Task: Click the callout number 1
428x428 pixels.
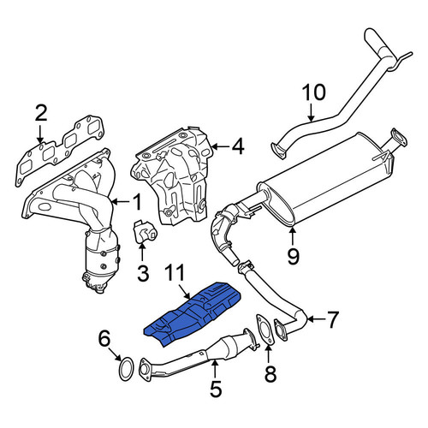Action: click(x=137, y=202)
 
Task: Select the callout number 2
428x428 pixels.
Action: click(x=41, y=113)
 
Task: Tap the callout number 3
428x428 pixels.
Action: click(x=143, y=273)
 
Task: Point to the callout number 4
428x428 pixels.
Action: click(x=238, y=146)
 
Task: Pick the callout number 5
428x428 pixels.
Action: click(x=216, y=388)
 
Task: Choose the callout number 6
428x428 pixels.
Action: click(x=104, y=339)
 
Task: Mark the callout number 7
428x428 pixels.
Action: click(x=332, y=319)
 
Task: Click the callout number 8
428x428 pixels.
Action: click(x=270, y=374)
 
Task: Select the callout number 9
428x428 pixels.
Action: click(x=293, y=256)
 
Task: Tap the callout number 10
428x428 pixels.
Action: click(x=313, y=92)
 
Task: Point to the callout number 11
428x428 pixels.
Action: click(x=175, y=273)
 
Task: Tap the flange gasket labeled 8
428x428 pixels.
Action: click(x=265, y=330)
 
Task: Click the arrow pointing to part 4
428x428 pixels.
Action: click(x=221, y=147)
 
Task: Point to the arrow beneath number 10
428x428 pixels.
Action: click(x=311, y=112)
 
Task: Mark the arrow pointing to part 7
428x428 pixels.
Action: click(x=316, y=319)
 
